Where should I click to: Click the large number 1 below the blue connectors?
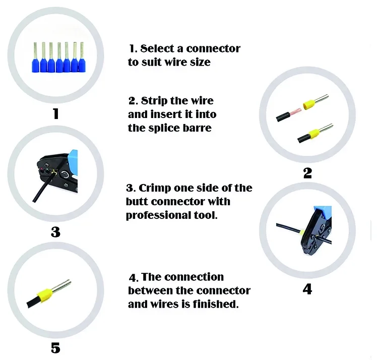[55, 113]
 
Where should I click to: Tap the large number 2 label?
[307, 173]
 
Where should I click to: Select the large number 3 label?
[55, 232]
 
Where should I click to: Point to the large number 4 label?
[307, 289]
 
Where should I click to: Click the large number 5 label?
[55, 348]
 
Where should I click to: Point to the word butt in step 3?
[137, 202]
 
